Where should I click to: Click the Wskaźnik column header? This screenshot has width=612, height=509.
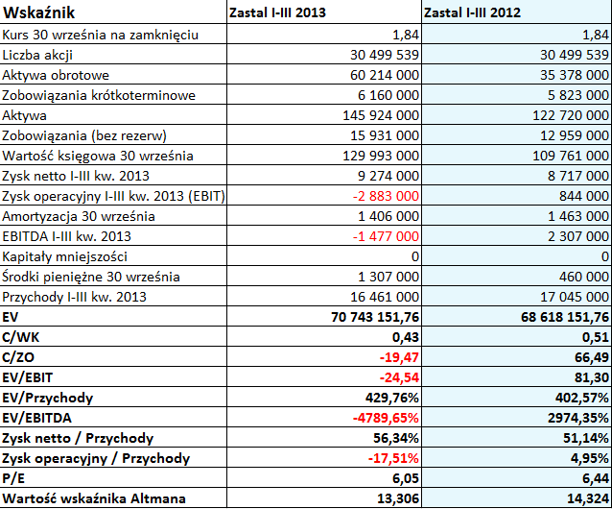point(38,12)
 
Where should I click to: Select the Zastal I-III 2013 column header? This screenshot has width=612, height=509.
point(277,12)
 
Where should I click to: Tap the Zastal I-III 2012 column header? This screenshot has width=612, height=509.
point(472,12)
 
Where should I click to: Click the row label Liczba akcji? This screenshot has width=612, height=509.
point(37,55)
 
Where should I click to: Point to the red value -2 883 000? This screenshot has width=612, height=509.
point(386,196)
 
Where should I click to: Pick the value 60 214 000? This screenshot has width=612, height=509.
point(385,75)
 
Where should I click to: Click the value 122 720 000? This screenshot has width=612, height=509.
point(571,115)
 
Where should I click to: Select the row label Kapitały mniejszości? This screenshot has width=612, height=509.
point(65,256)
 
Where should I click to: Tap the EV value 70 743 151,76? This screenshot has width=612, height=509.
point(375,317)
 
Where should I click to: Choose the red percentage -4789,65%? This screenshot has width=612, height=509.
point(386,418)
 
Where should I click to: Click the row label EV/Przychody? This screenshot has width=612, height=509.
point(48,398)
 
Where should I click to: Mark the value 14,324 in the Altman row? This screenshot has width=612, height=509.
point(589,498)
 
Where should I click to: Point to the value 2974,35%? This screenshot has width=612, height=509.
point(578,418)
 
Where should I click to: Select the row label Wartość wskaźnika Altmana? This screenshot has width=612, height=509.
point(94,498)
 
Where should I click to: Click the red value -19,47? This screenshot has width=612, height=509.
point(399,357)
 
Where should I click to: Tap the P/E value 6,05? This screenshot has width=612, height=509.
point(406,478)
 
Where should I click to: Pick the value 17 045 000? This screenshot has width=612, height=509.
point(575,297)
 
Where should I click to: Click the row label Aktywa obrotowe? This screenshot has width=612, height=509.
point(56,75)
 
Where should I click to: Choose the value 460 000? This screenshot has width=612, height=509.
point(584,277)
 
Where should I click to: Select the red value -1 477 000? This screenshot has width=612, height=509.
point(386,236)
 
